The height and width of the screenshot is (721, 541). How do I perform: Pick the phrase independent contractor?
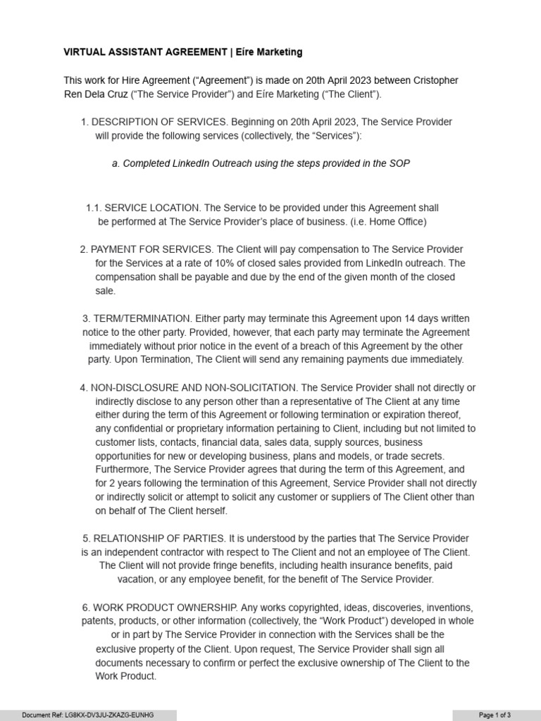[141, 553]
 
